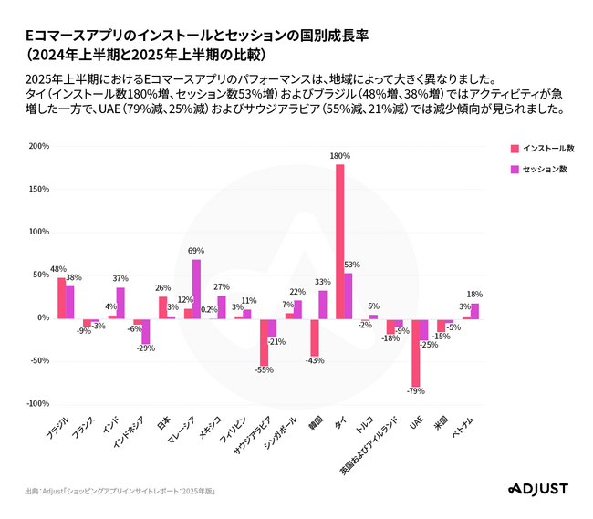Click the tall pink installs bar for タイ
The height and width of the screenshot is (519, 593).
point(340,241)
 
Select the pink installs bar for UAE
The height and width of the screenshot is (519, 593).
point(415,353)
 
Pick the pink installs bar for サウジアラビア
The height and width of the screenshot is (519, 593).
point(264,341)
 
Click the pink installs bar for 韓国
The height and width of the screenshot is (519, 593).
point(314,337)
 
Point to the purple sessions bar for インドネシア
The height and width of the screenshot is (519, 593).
point(146,331)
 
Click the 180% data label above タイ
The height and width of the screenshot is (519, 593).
point(339,156)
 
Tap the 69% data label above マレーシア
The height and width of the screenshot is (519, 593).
point(195,250)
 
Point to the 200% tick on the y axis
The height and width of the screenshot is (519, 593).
point(38,146)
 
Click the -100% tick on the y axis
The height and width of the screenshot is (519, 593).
point(36,404)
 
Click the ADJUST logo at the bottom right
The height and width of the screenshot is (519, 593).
point(536,490)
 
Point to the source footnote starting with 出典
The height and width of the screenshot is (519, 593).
point(120,491)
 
